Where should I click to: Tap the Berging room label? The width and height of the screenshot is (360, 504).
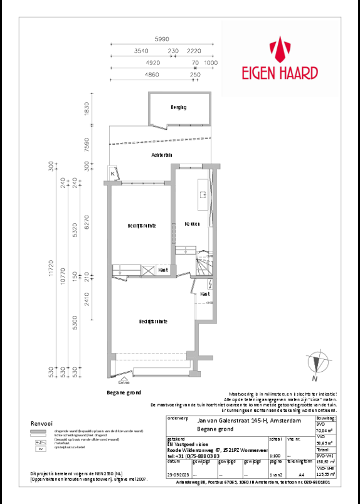pyautogui.click(x=179, y=107)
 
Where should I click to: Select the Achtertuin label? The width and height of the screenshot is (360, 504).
pyautogui.click(x=162, y=154)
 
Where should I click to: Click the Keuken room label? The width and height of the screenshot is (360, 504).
pyautogui.click(x=192, y=224)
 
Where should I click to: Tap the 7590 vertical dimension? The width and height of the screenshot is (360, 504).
pyautogui.click(x=87, y=145)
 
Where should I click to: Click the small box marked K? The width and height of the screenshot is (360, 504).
pyautogui.click(x=113, y=174)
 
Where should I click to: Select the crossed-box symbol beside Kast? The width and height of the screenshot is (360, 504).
pyautogui.click(x=149, y=270)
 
